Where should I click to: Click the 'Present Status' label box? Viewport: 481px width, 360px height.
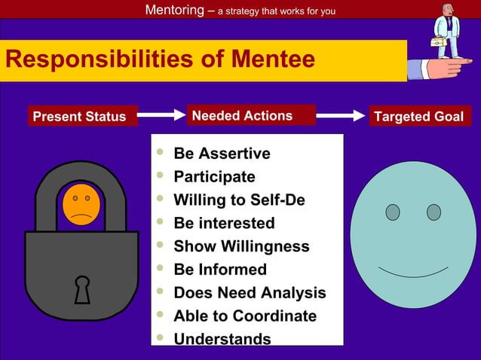pos(78,117)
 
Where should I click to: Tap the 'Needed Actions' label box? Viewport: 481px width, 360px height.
pos(242,116)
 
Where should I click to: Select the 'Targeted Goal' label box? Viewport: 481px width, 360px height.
pos(419,117)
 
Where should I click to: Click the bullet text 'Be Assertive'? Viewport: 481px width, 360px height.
pos(222,154)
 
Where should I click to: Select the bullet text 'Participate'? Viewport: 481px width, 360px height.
pos(214,177)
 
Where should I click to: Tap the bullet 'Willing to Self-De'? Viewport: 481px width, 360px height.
pos(239,200)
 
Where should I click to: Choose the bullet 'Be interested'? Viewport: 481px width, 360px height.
pos(224,223)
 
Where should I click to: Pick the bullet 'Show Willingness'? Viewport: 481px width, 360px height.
pos(241,246)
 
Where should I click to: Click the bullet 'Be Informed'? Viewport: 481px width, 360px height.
pos(220,270)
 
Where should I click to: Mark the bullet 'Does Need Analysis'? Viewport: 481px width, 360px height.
pos(250,293)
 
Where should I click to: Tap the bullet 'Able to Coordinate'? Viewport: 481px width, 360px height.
pos(245,316)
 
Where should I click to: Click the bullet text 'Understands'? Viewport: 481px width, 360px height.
pos(222,339)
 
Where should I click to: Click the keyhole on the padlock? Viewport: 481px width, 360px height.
pos(81,290)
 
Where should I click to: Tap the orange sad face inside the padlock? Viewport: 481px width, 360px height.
pos(81,205)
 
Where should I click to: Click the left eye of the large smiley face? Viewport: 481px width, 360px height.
pos(393,212)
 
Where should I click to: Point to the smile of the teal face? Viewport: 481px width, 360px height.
pos(412,271)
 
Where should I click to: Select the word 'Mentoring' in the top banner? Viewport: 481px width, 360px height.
pos(173,11)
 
